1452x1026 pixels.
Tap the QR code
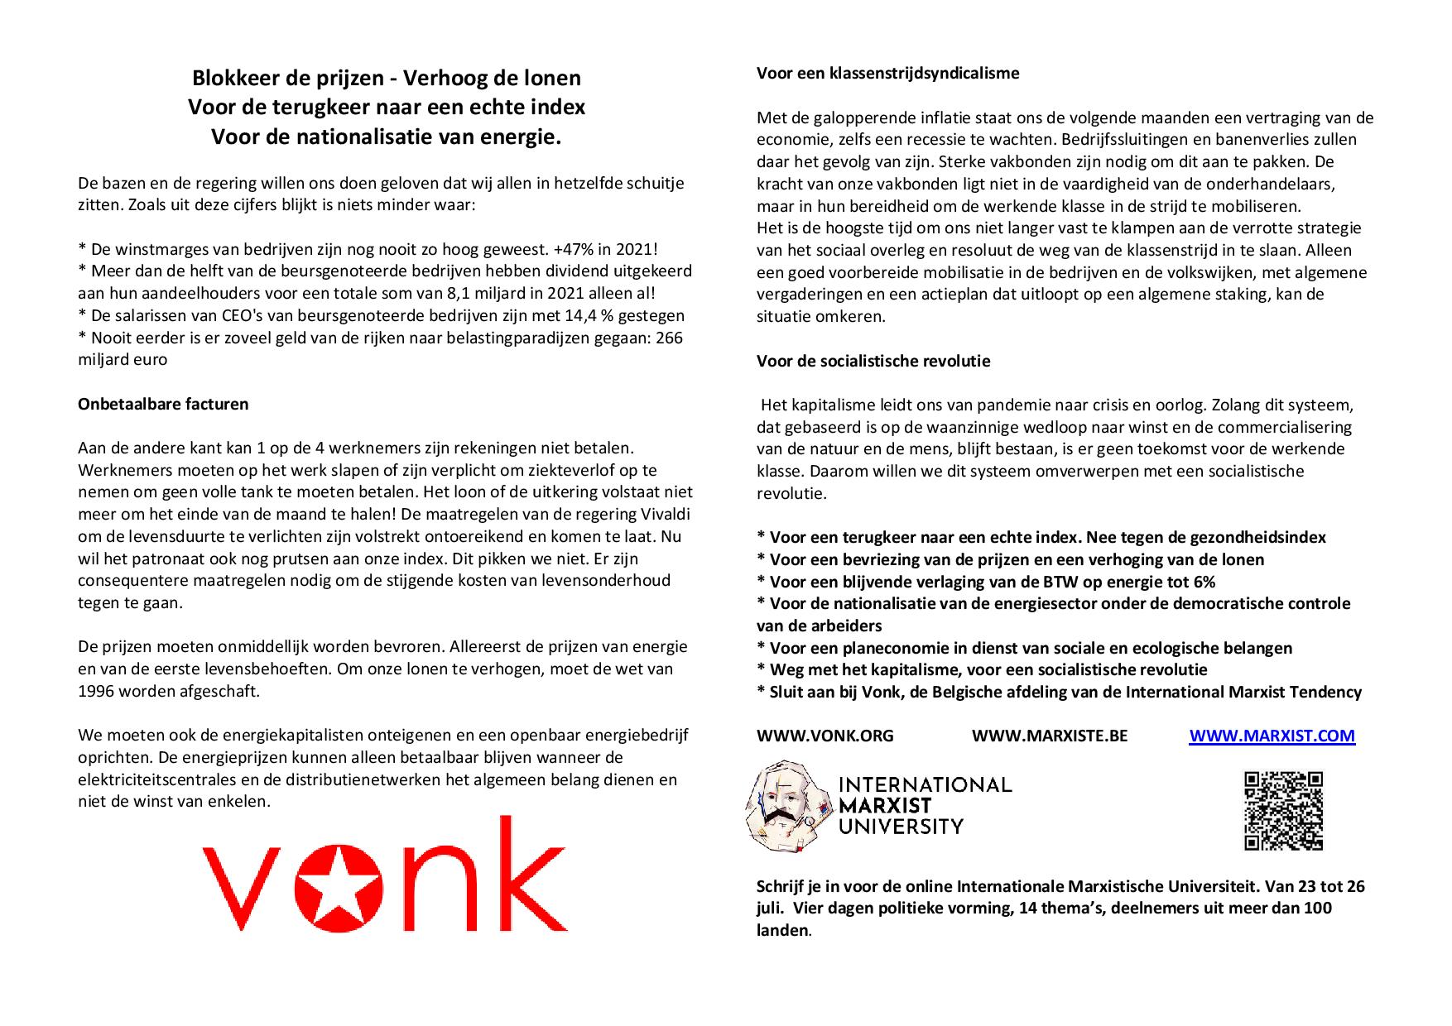1283,811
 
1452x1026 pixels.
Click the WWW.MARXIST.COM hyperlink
1272,736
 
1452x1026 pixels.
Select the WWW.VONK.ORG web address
825,736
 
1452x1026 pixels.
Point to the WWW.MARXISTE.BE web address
1049,736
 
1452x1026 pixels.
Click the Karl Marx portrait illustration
787,806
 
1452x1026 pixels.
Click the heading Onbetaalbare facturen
163,404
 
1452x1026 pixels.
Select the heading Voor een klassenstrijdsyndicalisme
887,73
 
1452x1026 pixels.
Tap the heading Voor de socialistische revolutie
873,361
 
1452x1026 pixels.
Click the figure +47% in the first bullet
565,249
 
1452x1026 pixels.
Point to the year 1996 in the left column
97,691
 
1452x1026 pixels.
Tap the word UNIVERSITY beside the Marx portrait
901,826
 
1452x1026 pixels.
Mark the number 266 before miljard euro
668,338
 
